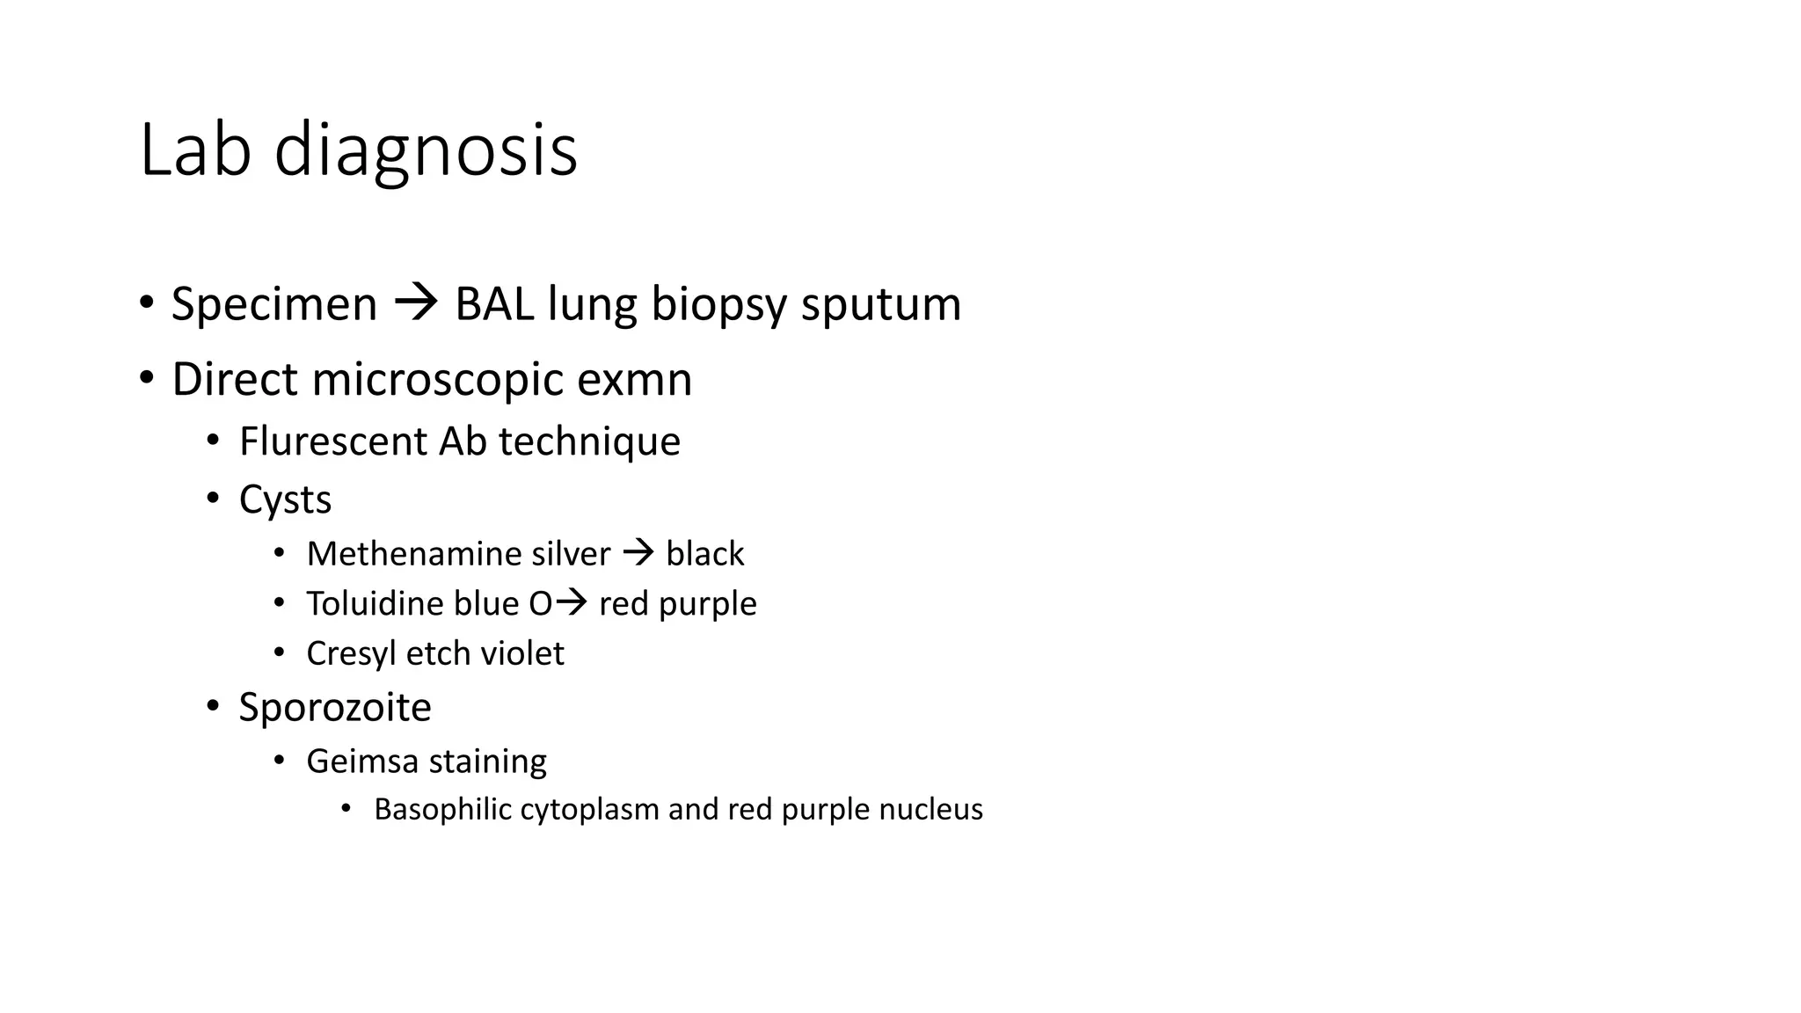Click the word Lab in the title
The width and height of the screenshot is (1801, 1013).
tap(195, 150)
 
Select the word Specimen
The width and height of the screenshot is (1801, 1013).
tap(273, 304)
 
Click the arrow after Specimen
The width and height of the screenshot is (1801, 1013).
tap(416, 304)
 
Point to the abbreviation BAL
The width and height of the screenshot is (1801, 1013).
tap(493, 304)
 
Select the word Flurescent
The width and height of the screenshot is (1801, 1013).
tap(333, 441)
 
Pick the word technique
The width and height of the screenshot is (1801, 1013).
tap(589, 442)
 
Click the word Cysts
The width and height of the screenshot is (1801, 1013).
tap(285, 500)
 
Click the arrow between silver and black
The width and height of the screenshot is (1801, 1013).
tap(638, 553)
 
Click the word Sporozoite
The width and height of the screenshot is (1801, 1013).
tap(335, 708)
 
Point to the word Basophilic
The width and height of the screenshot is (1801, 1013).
tap(442, 810)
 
